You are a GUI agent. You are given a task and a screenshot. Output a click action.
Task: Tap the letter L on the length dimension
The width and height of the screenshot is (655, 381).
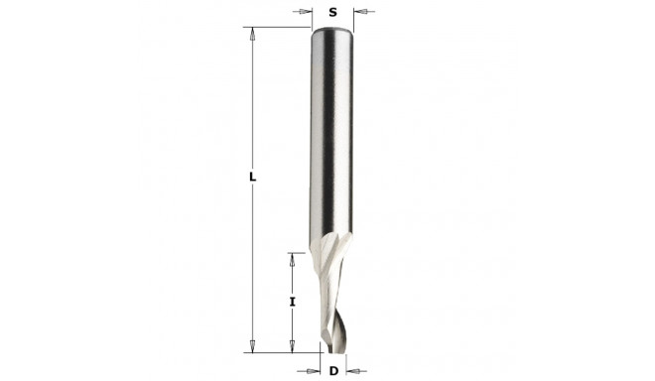[x=254, y=178]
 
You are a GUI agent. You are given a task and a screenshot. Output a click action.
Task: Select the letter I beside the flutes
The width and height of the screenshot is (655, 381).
[x=293, y=301]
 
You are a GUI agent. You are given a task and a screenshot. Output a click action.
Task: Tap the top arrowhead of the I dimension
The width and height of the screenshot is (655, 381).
[x=293, y=259]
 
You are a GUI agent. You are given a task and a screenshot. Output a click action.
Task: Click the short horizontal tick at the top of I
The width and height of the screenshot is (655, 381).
[x=295, y=253]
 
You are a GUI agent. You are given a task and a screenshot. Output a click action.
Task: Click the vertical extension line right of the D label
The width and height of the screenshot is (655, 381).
[x=347, y=363]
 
